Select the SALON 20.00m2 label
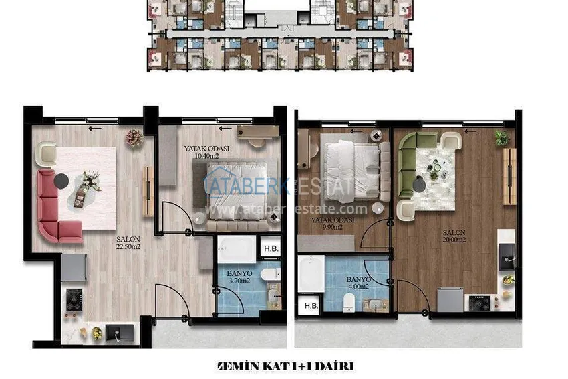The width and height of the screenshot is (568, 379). coord(454,236)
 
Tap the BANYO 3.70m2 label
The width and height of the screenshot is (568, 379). coord(239,277)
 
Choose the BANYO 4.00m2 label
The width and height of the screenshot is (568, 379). coord(358,283)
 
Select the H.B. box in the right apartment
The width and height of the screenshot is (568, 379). coord(310,306)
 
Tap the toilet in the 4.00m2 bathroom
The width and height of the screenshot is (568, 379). coord(347,303)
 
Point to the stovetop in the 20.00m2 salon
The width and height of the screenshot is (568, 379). coord(480,303)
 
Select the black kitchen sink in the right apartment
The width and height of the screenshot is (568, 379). coord(507,253)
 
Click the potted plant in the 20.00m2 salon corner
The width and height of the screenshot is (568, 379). coord(502,138)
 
